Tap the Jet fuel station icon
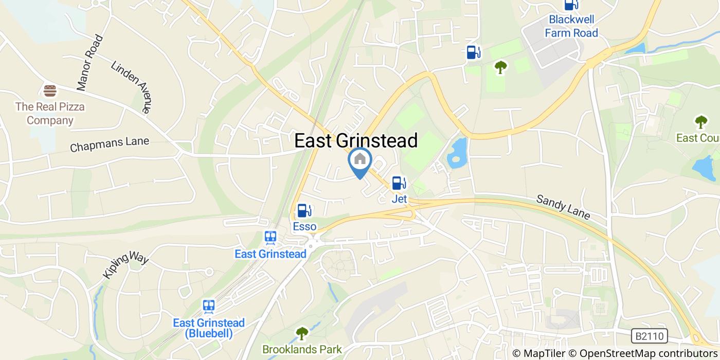[399, 183]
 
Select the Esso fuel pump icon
[304, 210]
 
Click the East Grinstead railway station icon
[271, 238]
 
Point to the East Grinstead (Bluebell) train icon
[208, 307]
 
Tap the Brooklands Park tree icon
[301, 334]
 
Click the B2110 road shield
[649, 336]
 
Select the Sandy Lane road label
[563, 207]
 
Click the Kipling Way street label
[125, 266]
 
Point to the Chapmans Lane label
[109, 145]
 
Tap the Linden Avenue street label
[132, 87]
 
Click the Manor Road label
[91, 63]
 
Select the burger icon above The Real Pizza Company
[50, 91]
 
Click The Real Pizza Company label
[50, 114]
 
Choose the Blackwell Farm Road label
[571, 26]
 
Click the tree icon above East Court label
[700, 122]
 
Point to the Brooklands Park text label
[302, 350]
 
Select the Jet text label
[399, 199]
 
